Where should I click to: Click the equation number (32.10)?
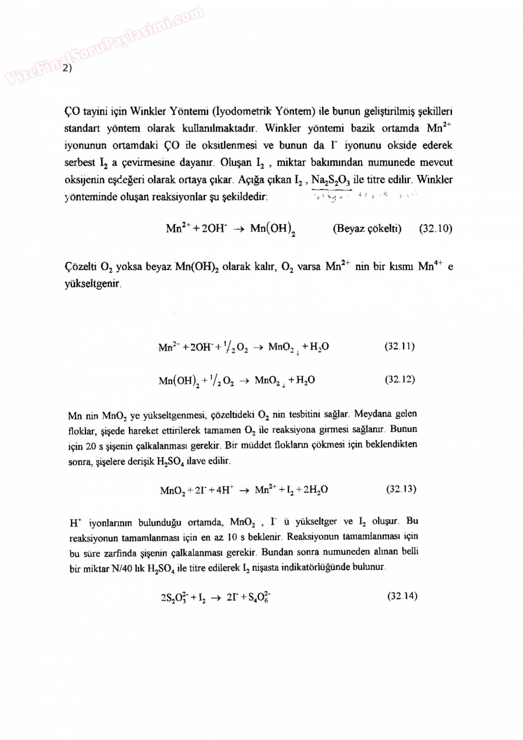[x=435, y=229]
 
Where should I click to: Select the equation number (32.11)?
[x=399, y=346]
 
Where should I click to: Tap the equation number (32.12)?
[x=400, y=379]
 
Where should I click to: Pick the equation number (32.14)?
[x=402, y=596]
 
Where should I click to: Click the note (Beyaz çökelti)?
[x=367, y=229]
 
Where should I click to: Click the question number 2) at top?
[x=67, y=68]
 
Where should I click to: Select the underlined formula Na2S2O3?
[x=331, y=180]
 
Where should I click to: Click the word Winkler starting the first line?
[x=148, y=111]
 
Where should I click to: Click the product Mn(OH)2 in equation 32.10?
[x=272, y=229]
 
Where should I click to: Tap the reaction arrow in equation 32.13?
[x=244, y=490]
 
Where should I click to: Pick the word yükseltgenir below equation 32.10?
[x=92, y=283]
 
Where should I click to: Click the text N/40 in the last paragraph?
[x=121, y=568]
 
